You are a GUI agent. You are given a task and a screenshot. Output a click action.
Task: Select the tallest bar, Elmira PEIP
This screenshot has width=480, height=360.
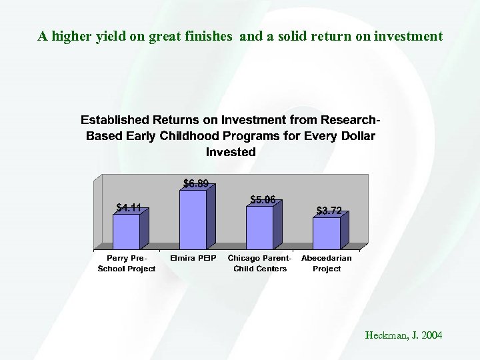[x=193, y=219]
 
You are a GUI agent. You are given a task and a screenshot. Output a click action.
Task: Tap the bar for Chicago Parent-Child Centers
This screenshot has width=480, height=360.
[x=259, y=227]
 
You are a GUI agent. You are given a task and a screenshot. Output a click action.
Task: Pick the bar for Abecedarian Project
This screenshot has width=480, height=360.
[x=326, y=233]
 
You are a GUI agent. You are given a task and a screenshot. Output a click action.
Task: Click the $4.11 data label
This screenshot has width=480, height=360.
[x=128, y=207]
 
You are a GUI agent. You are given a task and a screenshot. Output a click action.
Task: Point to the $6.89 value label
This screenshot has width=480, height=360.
[x=195, y=183]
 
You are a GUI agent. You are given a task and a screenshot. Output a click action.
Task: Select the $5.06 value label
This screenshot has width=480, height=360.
[x=263, y=199]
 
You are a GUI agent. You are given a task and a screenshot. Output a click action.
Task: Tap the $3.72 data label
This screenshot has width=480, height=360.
[x=329, y=211]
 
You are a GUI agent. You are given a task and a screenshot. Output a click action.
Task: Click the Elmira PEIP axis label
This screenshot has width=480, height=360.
[x=193, y=258]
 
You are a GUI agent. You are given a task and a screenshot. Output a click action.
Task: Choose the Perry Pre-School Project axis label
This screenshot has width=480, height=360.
[x=127, y=263]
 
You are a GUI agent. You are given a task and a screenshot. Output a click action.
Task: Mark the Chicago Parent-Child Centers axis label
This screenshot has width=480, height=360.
[x=260, y=263]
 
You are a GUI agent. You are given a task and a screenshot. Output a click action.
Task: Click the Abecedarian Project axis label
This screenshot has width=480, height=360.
[x=327, y=263]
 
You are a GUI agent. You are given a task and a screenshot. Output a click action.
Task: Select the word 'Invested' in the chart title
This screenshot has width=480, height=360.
[x=231, y=152]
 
